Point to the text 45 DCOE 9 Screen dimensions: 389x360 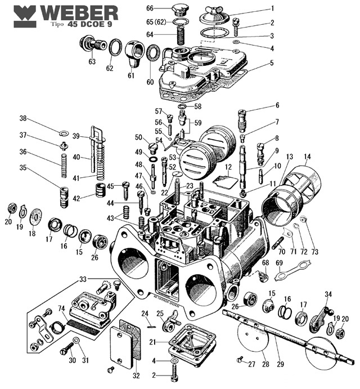click(x=90, y=25)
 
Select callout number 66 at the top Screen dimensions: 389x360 click(x=150, y=8)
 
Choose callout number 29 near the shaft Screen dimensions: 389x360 click(x=280, y=370)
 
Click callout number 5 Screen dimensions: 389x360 click(x=271, y=63)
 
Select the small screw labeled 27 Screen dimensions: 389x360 click(x=241, y=359)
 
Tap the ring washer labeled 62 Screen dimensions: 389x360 click(x=115, y=48)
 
